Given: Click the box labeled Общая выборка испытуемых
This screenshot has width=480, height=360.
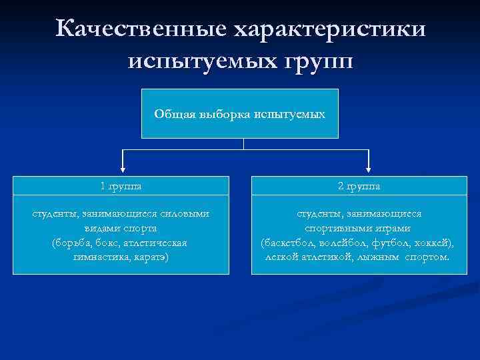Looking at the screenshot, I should tap(240, 113).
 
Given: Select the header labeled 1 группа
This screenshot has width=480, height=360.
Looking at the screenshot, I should tap(121, 186).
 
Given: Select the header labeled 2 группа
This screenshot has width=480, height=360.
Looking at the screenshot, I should tap(359, 186).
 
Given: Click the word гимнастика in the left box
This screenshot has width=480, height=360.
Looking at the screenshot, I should tap(98, 257).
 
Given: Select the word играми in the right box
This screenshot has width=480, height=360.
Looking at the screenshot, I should tap(387, 227).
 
